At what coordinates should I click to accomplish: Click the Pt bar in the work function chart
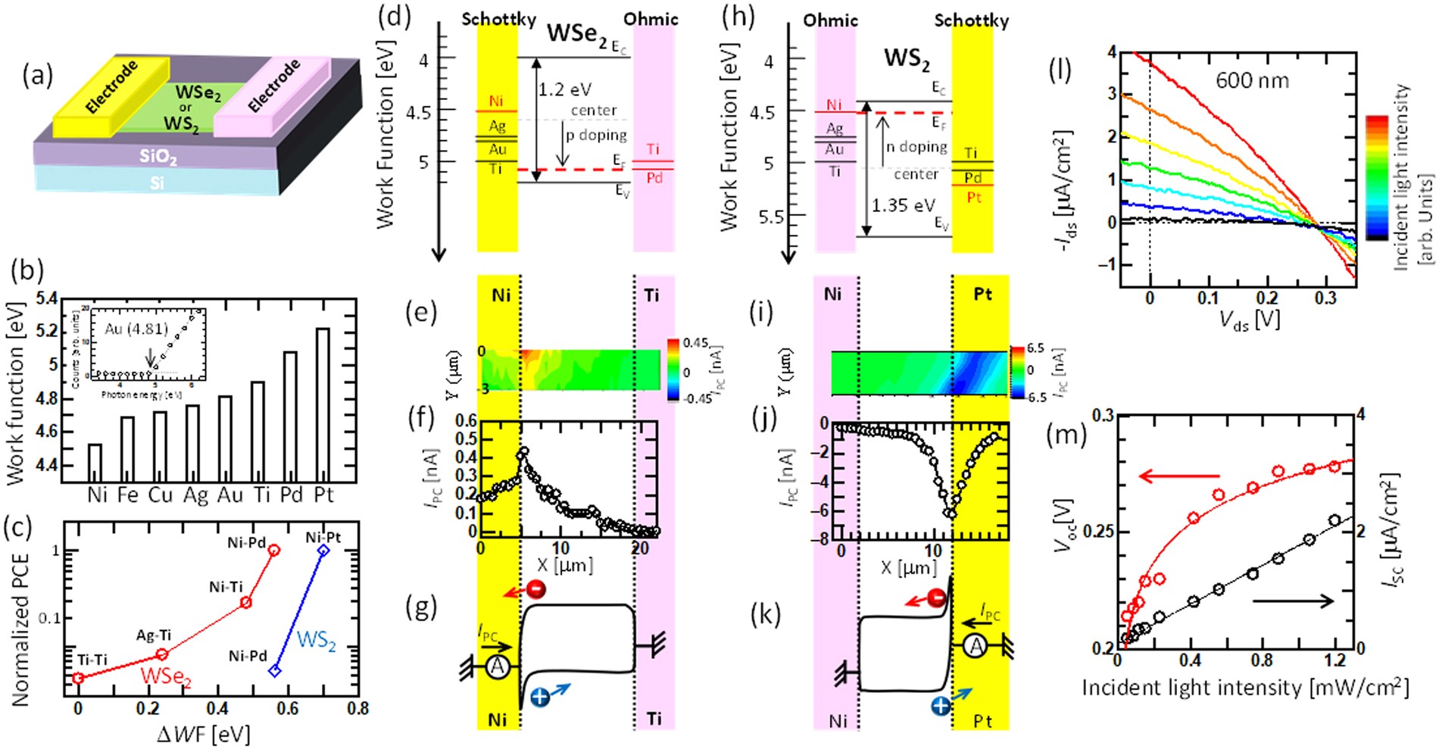point(323,405)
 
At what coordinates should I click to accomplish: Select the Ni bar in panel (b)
point(95,463)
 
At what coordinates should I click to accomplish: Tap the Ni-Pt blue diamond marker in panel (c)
point(323,551)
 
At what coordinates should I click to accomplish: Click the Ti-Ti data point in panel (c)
point(78,678)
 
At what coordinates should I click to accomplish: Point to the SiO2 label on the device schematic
point(158,157)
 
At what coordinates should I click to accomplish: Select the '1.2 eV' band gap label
point(566,90)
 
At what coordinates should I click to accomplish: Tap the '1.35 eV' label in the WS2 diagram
point(903,205)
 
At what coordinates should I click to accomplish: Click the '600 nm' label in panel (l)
point(1252,81)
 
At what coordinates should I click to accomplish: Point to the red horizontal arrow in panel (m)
point(1179,476)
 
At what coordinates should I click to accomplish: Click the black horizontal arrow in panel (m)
point(1294,601)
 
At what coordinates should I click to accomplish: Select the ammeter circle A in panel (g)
point(497,666)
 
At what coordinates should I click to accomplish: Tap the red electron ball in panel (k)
point(936,598)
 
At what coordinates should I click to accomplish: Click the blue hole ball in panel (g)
point(540,697)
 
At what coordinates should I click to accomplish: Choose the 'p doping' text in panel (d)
point(597,136)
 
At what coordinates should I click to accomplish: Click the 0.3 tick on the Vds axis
point(1325,298)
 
